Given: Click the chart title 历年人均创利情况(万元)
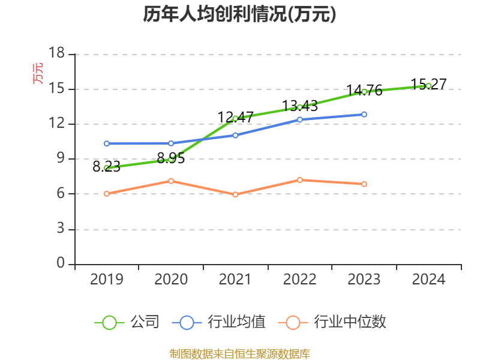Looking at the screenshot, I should tap(239, 14).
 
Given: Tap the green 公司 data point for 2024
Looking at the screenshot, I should tap(428, 86).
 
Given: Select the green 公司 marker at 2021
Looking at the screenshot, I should tap(235, 118).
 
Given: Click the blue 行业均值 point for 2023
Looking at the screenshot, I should tap(364, 114).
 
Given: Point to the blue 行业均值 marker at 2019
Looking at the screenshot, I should tap(107, 143).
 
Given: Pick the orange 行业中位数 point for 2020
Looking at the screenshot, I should tap(171, 181).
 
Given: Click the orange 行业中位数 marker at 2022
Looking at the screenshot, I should tap(300, 180).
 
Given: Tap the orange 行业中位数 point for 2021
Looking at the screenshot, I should tap(235, 194).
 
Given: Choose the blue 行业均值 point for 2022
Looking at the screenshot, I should tap(300, 119).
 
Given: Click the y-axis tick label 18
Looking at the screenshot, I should tap(56, 54).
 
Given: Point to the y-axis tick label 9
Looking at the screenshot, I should tap(61, 159).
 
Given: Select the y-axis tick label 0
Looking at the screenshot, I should tap(61, 263).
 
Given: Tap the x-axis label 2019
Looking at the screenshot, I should tap(107, 280).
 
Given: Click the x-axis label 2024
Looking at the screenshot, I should tap(428, 280).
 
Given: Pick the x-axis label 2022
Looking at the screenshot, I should tap(300, 280).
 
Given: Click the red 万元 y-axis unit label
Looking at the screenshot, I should tap(38, 73).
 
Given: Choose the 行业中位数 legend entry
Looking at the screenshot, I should tap(332, 322).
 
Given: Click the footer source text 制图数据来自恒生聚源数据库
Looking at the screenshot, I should tap(240, 353).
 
